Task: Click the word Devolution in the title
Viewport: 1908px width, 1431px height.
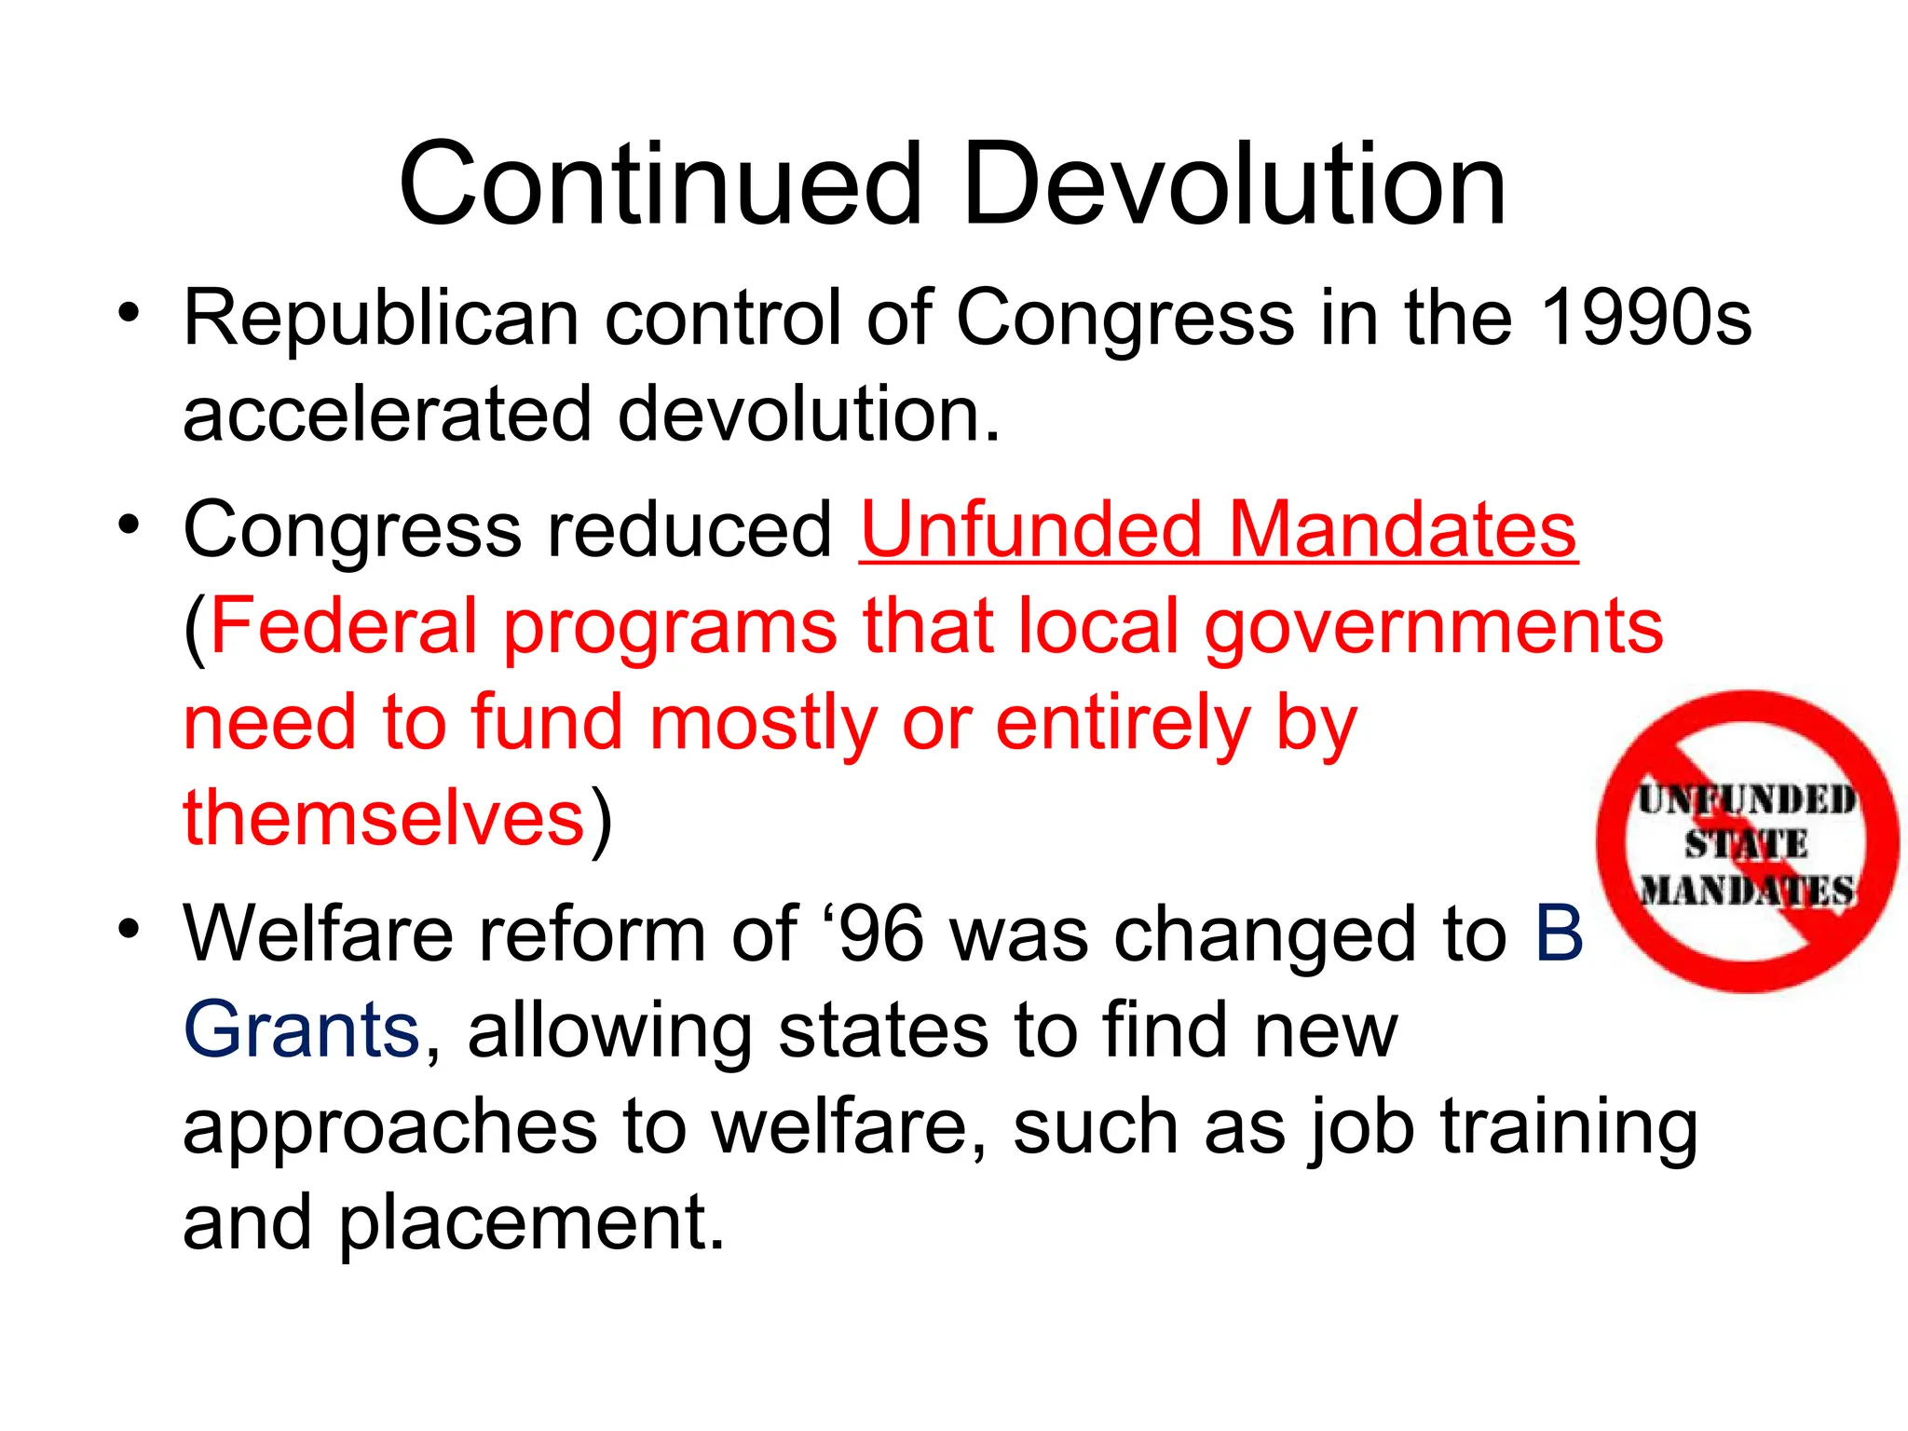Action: tap(1233, 184)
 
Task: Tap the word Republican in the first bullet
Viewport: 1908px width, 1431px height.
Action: tap(381, 320)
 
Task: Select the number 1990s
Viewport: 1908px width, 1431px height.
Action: tap(1645, 318)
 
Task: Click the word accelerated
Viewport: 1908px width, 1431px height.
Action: tap(387, 415)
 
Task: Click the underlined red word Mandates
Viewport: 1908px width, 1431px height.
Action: tap(1402, 530)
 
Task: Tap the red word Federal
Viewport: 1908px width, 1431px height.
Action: tap(344, 626)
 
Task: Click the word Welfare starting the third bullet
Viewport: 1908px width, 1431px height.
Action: tap(318, 934)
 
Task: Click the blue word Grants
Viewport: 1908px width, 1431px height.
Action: tap(302, 1030)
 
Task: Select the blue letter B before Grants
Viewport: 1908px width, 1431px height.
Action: tap(1559, 934)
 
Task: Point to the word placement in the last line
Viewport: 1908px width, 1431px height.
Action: tap(530, 1224)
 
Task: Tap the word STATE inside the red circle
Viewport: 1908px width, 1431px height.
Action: tap(1745, 845)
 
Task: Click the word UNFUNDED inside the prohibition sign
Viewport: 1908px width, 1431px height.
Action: tap(1747, 800)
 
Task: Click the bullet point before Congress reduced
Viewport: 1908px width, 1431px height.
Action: tap(129, 525)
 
